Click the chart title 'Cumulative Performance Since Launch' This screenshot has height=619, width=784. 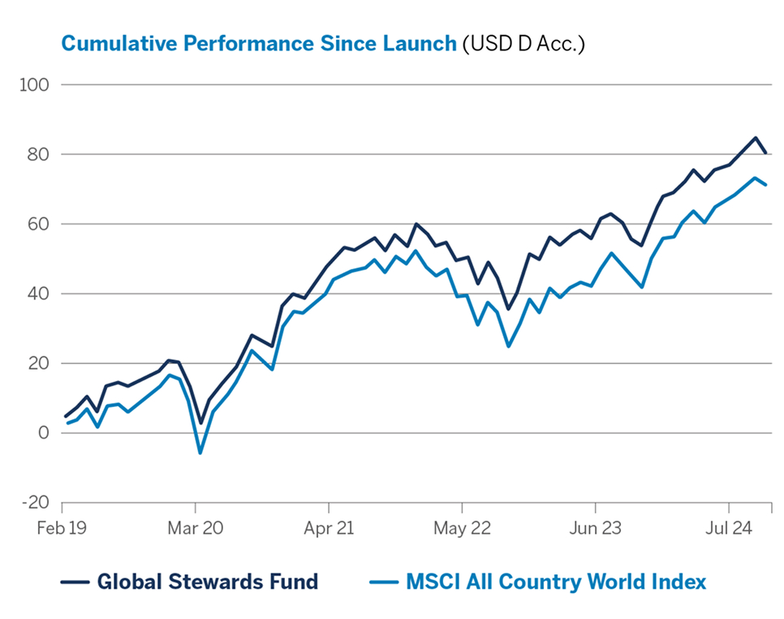click(x=259, y=43)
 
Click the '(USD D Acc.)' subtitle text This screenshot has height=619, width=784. click(x=523, y=43)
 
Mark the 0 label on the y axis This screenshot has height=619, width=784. click(x=44, y=433)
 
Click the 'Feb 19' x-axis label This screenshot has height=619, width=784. click(x=62, y=528)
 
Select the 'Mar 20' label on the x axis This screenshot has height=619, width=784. click(x=196, y=528)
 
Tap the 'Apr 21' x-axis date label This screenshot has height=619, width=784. click(x=329, y=528)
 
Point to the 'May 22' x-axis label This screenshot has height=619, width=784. click(x=462, y=528)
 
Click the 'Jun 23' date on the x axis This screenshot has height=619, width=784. click(x=595, y=528)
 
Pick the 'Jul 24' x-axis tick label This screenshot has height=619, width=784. click(x=729, y=528)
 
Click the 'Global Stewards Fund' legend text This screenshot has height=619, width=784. click(x=207, y=582)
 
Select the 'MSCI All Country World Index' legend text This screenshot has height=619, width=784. click(x=556, y=582)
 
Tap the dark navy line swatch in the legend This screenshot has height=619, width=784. click(x=75, y=582)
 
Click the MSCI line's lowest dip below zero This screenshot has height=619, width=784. click(x=200, y=452)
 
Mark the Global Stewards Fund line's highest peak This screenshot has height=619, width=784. click(x=756, y=137)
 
